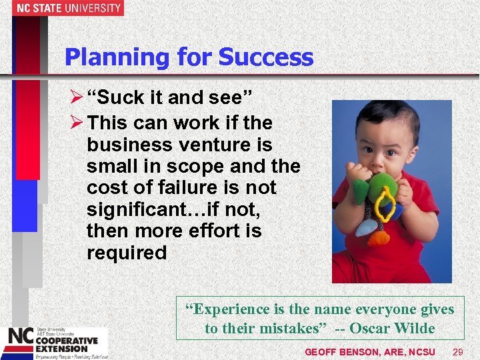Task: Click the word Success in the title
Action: click(265, 57)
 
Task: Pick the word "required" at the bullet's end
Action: click(127, 253)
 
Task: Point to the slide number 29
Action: click(458, 351)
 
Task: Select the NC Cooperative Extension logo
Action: click(53, 343)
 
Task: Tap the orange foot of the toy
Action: click(379, 237)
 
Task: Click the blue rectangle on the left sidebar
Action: click(25, 205)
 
